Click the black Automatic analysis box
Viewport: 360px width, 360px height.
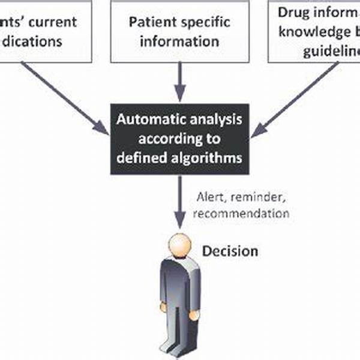[x=179, y=139]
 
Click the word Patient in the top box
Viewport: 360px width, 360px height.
[x=148, y=23]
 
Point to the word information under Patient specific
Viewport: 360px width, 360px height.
[x=179, y=42]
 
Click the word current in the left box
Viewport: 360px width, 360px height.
[x=53, y=23]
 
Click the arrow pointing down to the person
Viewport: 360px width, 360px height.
[x=179, y=204]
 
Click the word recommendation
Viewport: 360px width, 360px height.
[x=244, y=213]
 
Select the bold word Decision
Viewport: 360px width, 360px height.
[x=230, y=250]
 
